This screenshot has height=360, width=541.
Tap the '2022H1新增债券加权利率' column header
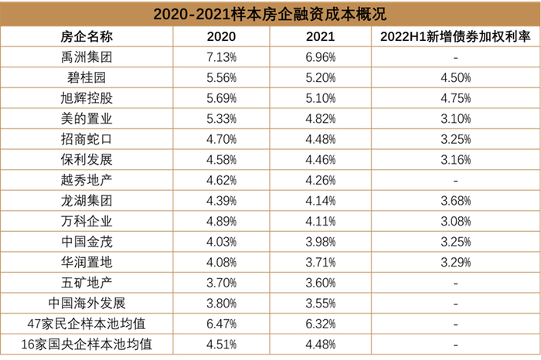(x=454, y=37)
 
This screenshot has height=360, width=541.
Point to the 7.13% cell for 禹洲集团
(x=222, y=58)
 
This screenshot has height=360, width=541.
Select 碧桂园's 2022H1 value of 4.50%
(x=454, y=78)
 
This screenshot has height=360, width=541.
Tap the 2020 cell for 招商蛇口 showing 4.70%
(x=222, y=139)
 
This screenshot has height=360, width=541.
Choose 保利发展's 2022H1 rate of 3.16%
(x=454, y=160)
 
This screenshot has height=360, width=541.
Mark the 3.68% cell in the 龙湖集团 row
(x=454, y=201)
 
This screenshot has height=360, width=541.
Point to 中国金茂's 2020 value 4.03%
(x=222, y=241)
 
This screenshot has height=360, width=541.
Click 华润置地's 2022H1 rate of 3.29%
(x=454, y=262)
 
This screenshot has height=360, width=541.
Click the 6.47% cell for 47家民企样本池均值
(x=222, y=323)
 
